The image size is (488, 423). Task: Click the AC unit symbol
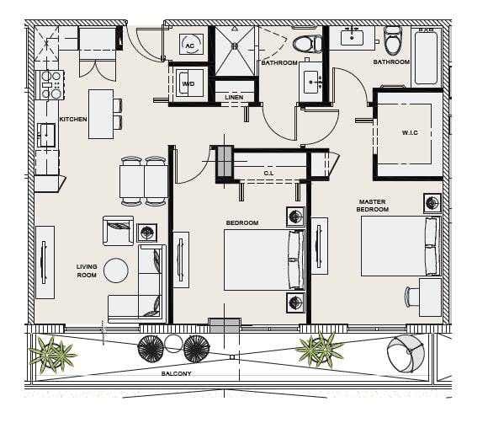191,45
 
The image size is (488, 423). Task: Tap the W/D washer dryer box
189,83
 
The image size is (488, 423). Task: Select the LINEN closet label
234,97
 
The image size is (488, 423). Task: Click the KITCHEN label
73,119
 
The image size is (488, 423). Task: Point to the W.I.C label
410,132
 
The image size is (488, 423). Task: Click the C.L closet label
268,173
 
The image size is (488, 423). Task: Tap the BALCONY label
176,373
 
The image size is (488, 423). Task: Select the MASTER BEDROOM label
372,206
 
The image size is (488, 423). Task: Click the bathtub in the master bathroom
426,57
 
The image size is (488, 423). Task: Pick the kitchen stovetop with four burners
50,85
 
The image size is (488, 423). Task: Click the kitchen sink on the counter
46,135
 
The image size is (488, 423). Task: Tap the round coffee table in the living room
116,270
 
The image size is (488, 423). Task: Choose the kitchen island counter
101,114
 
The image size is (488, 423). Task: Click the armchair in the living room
119,231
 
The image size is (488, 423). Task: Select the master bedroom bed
400,246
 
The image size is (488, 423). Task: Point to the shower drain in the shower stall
235,46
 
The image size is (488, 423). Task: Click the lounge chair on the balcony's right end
406,354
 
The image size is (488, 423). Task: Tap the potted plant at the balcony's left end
51,354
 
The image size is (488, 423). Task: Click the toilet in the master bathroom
393,40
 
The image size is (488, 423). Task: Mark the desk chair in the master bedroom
411,297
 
